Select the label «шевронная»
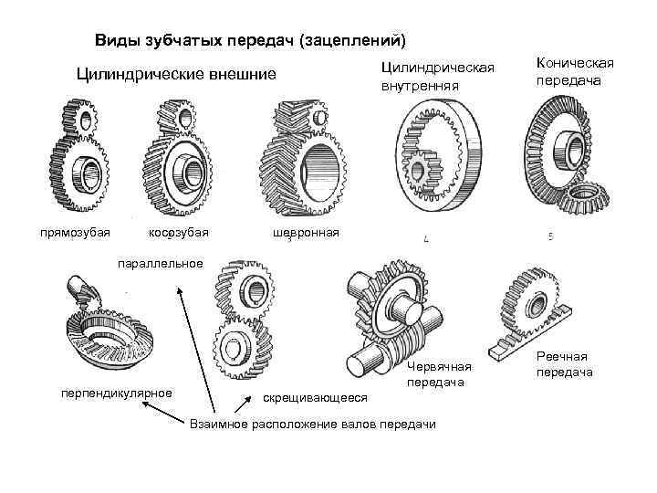coord(306,233)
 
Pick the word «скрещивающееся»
coord(314,397)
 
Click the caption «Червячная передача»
coord(439,374)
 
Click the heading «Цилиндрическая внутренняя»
coord(437,77)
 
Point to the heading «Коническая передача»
coord(575,70)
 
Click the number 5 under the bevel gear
coord(550,236)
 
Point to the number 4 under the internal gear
coord(426,239)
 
